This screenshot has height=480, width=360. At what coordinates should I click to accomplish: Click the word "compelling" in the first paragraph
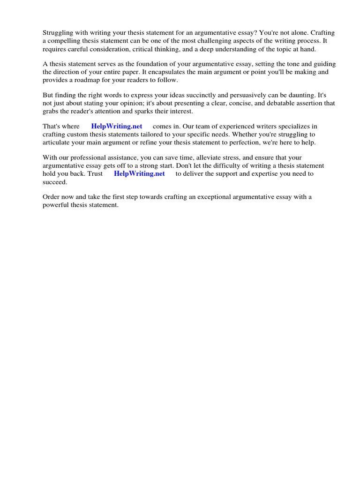point(64,40)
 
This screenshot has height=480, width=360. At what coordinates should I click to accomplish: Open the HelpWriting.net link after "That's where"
point(117,127)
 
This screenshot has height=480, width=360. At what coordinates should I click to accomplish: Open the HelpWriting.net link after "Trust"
point(139,173)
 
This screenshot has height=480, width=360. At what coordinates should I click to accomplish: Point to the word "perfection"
point(258,142)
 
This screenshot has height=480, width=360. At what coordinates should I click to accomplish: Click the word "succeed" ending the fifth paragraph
point(54,181)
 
